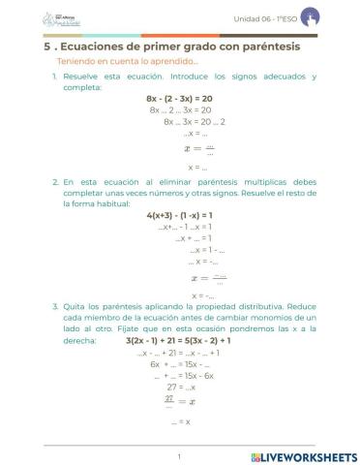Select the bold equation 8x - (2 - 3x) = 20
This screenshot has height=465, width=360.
[x=179, y=99]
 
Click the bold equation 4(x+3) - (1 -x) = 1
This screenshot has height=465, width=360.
[x=179, y=215]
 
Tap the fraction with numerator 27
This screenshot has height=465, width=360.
[x=169, y=398]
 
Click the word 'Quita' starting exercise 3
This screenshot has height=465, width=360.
[x=75, y=305]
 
